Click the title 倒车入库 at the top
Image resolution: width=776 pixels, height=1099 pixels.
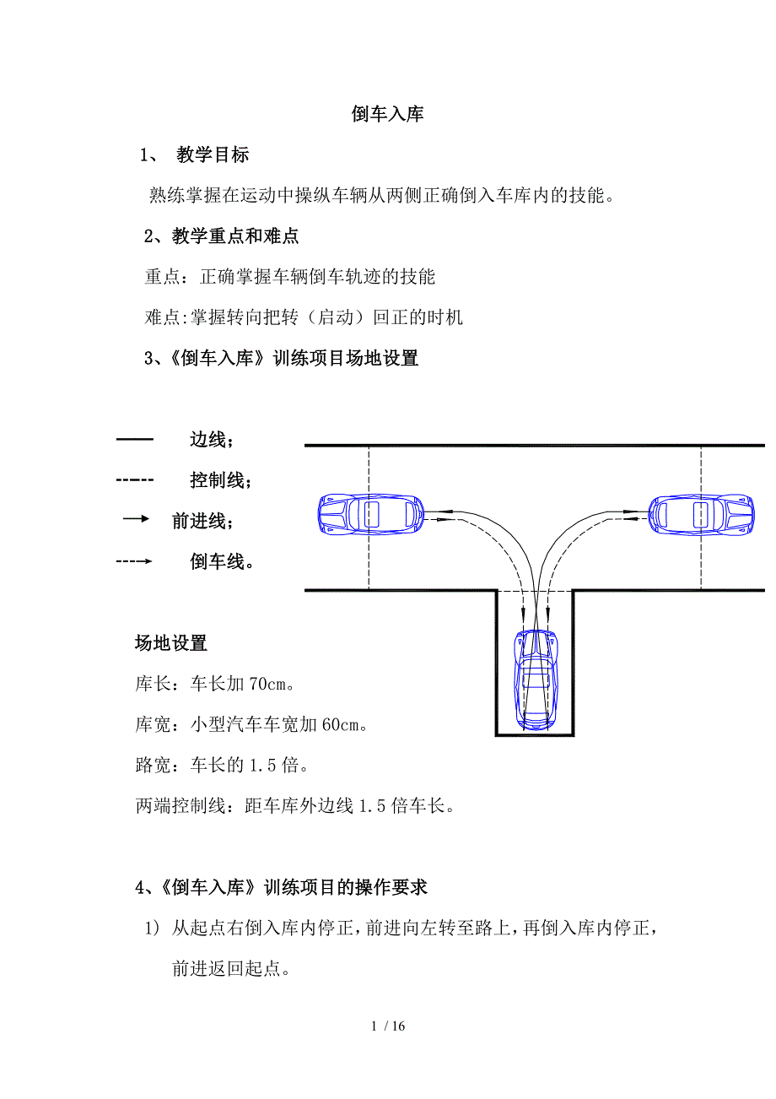click(387, 115)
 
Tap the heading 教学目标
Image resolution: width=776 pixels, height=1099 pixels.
click(213, 155)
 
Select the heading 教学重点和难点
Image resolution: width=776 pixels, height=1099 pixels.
click(235, 236)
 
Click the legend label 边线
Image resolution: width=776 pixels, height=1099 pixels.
click(209, 440)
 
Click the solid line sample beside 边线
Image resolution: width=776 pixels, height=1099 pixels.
click(134, 440)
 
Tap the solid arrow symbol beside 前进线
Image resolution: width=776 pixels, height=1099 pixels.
click(136, 519)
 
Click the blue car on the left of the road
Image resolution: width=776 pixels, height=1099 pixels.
click(369, 513)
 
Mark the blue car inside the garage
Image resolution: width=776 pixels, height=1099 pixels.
click(536, 679)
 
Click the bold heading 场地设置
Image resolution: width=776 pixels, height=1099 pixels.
click(170, 643)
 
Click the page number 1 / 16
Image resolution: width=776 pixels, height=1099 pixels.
click(388, 1026)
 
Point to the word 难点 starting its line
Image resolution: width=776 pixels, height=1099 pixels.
click(159, 317)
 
